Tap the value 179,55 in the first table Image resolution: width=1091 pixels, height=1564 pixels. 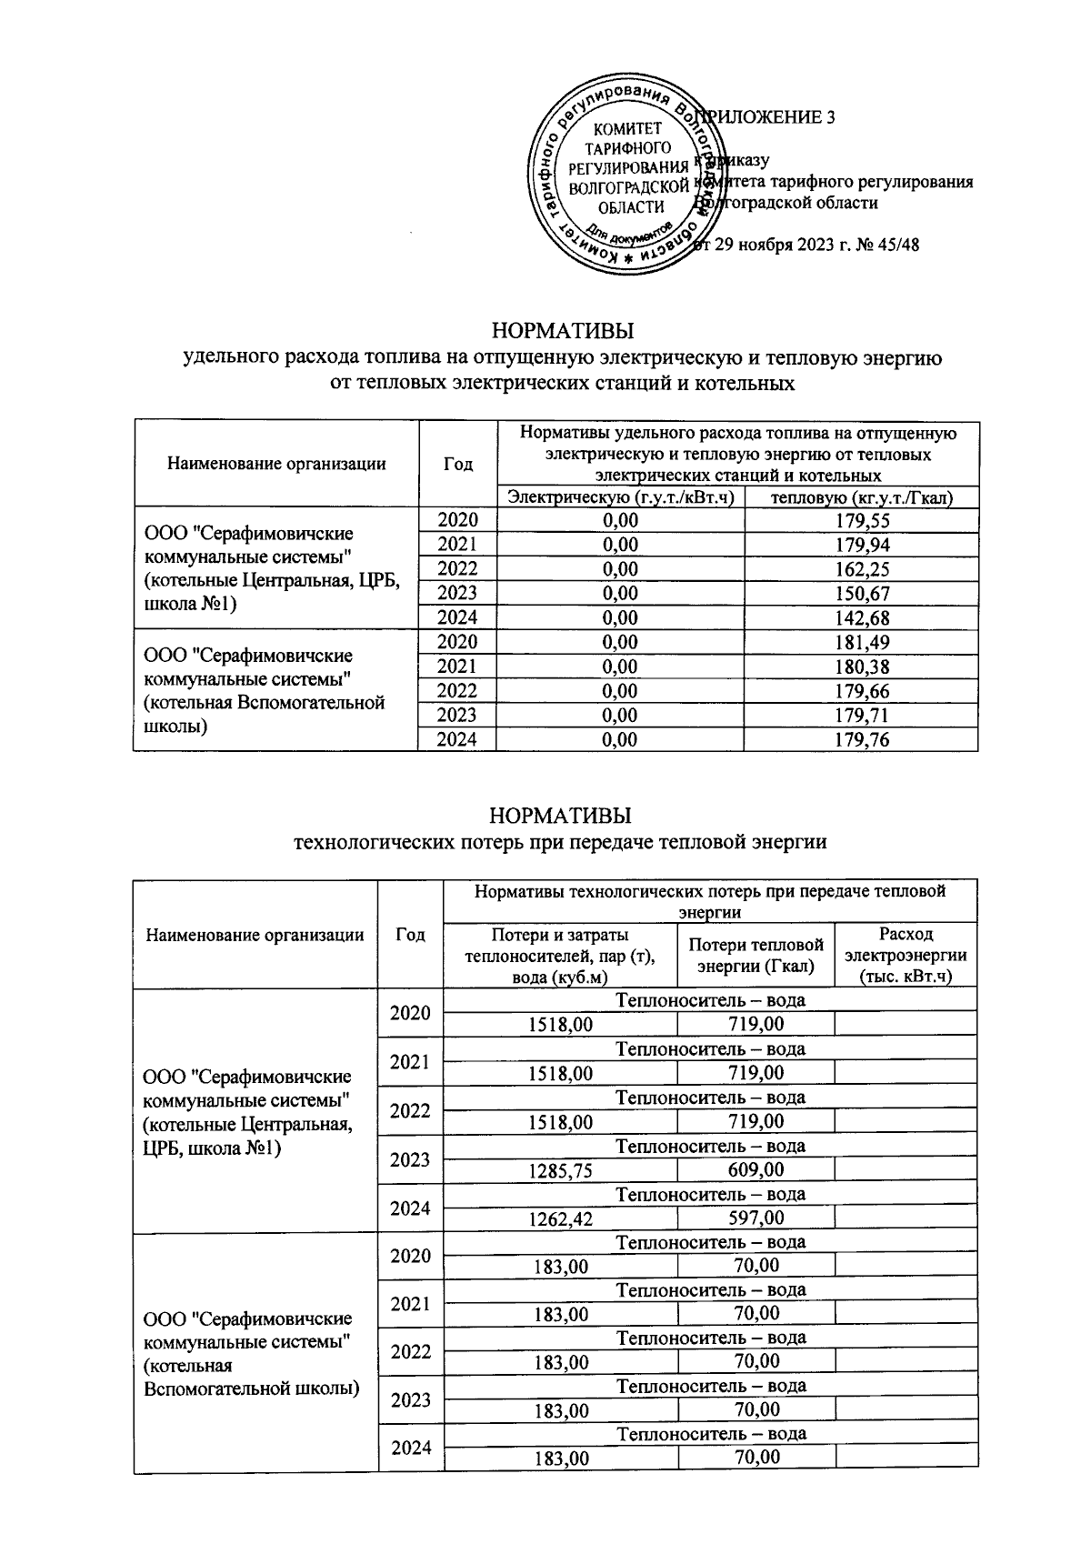pyautogui.click(x=862, y=520)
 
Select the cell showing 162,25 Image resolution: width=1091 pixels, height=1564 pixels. pyautogui.click(x=862, y=569)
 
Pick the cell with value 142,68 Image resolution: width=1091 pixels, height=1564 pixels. pyautogui.click(x=862, y=618)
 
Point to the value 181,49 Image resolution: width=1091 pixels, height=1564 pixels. pyautogui.click(x=862, y=643)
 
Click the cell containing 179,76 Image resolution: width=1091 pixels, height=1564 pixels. pyautogui.click(x=862, y=740)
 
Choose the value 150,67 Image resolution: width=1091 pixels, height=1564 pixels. pyautogui.click(x=862, y=594)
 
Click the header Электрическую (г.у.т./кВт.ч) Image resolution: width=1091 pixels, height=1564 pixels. pyautogui.click(x=621, y=496)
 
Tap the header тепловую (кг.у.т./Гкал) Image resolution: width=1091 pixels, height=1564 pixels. pyautogui.click(x=861, y=496)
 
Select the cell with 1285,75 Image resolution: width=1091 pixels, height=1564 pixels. pyautogui.click(x=561, y=1169)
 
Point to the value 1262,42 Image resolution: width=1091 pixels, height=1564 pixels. pyautogui.click(x=561, y=1218)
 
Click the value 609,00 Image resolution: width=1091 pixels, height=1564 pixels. pyautogui.click(x=756, y=1169)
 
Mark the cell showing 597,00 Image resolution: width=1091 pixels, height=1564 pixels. pyautogui.click(x=756, y=1218)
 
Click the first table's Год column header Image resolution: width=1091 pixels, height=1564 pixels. pyautogui.click(x=457, y=464)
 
